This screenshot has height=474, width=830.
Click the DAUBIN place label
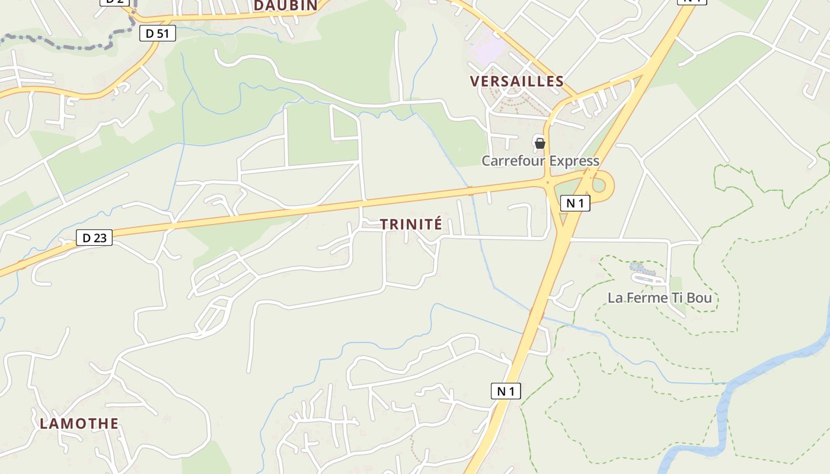[286, 5]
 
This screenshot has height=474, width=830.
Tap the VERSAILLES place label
[516, 81]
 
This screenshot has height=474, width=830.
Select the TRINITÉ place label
[411, 224]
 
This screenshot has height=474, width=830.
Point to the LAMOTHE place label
[79, 424]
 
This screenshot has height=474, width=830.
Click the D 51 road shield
[158, 34]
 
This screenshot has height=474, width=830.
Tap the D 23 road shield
[94, 238]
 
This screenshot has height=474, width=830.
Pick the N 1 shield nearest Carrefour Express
[575, 203]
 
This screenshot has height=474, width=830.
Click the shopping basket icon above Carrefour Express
[539, 143]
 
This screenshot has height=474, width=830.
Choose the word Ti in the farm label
[677, 298]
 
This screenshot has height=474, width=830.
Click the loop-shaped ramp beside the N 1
[600, 185]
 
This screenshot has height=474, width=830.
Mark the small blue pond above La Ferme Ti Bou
[637, 267]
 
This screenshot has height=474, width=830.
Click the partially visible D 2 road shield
[114, 2]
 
